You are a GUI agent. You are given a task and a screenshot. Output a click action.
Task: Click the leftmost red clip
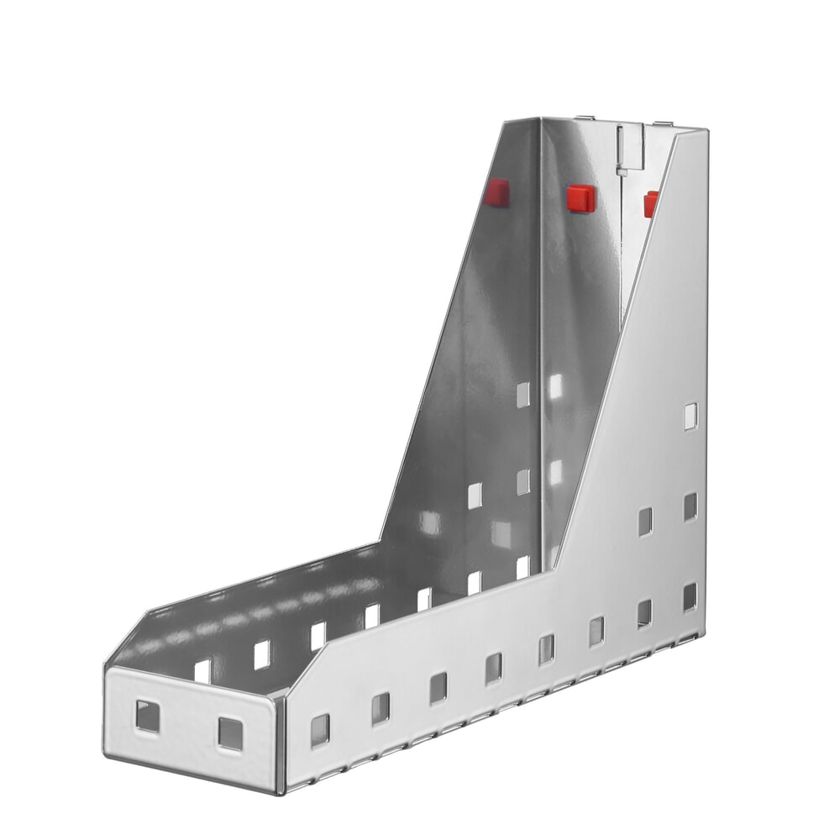tap(496, 192)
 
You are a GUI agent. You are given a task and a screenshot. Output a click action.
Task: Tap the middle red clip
tap(580, 198)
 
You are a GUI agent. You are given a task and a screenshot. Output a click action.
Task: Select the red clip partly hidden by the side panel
tap(650, 204)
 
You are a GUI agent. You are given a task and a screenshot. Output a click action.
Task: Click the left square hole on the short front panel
tap(148, 716)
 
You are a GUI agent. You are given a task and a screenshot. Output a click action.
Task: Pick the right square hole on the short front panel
tap(230, 732)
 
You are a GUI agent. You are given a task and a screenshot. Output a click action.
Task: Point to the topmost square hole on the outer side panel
tap(690, 416)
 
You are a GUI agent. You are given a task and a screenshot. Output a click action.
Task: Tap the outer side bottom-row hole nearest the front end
tap(320, 730)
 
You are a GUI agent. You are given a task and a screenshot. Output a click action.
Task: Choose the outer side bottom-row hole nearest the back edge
tap(690, 596)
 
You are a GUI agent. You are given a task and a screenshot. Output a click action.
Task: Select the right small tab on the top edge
tap(663, 123)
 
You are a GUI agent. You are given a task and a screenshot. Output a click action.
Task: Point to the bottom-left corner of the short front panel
tap(107, 753)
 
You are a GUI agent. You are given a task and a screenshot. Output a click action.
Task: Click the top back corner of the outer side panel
tap(706, 132)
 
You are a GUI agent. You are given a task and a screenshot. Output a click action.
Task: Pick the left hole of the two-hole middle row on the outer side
tap(645, 521)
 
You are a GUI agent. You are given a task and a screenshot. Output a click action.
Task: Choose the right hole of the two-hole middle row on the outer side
tap(690, 506)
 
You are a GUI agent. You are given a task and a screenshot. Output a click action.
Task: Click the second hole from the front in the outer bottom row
tap(381, 708)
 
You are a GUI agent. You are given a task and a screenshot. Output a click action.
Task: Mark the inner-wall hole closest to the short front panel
tap(203, 670)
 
